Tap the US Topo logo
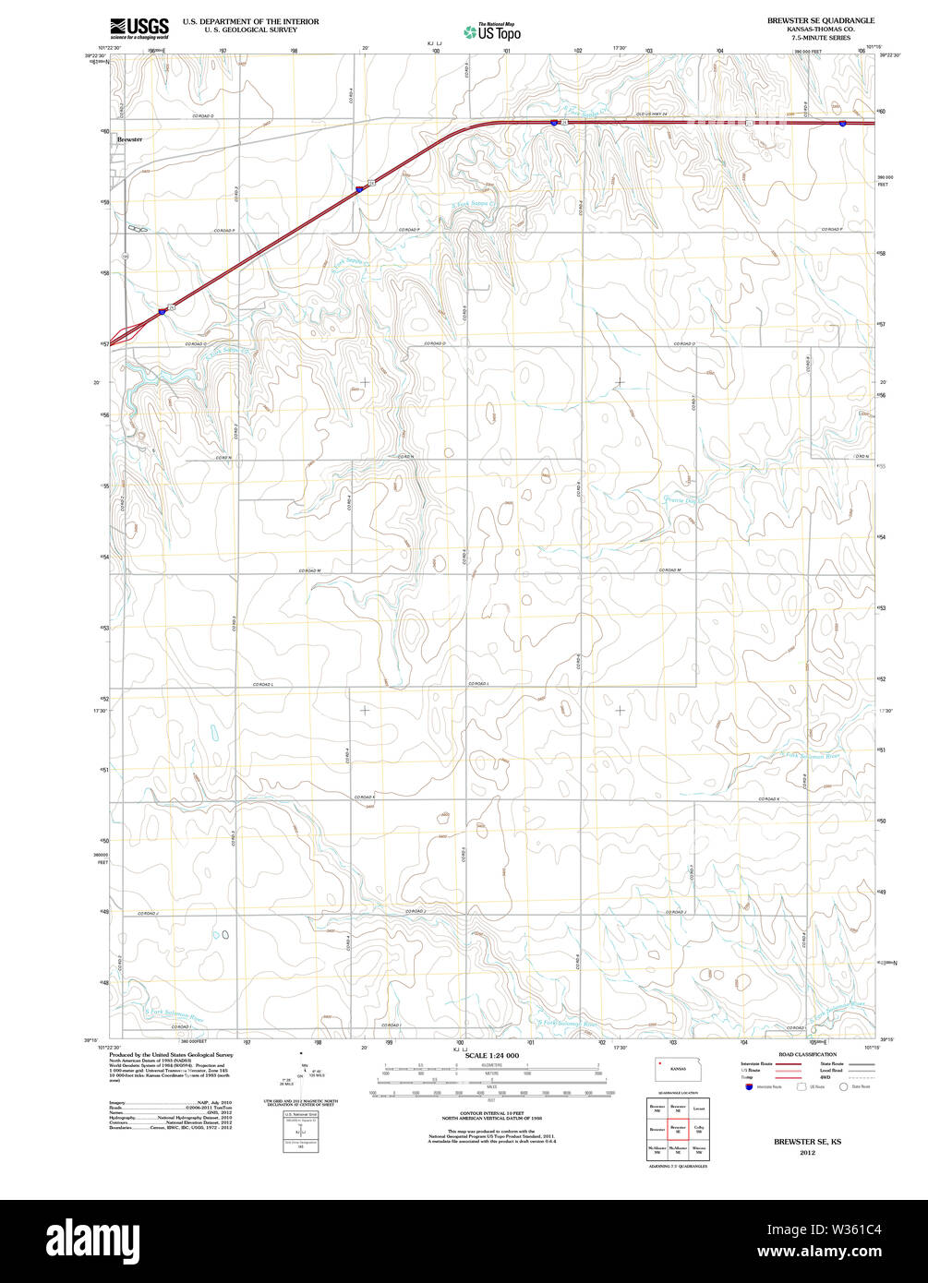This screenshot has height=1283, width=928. tap(492, 32)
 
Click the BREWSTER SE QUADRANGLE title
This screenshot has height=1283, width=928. tap(820, 20)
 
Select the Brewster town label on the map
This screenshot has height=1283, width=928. tap(129, 139)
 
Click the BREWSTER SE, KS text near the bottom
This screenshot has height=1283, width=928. tap(807, 1143)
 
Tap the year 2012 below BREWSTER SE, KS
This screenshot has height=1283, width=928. tap(807, 1154)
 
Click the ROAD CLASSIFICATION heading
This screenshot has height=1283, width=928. tap(807, 1055)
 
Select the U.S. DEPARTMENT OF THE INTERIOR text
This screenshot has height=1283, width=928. tap(250, 20)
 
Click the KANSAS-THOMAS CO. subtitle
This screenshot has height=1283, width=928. tap(820, 29)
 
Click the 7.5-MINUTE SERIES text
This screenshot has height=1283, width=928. tap(820, 37)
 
